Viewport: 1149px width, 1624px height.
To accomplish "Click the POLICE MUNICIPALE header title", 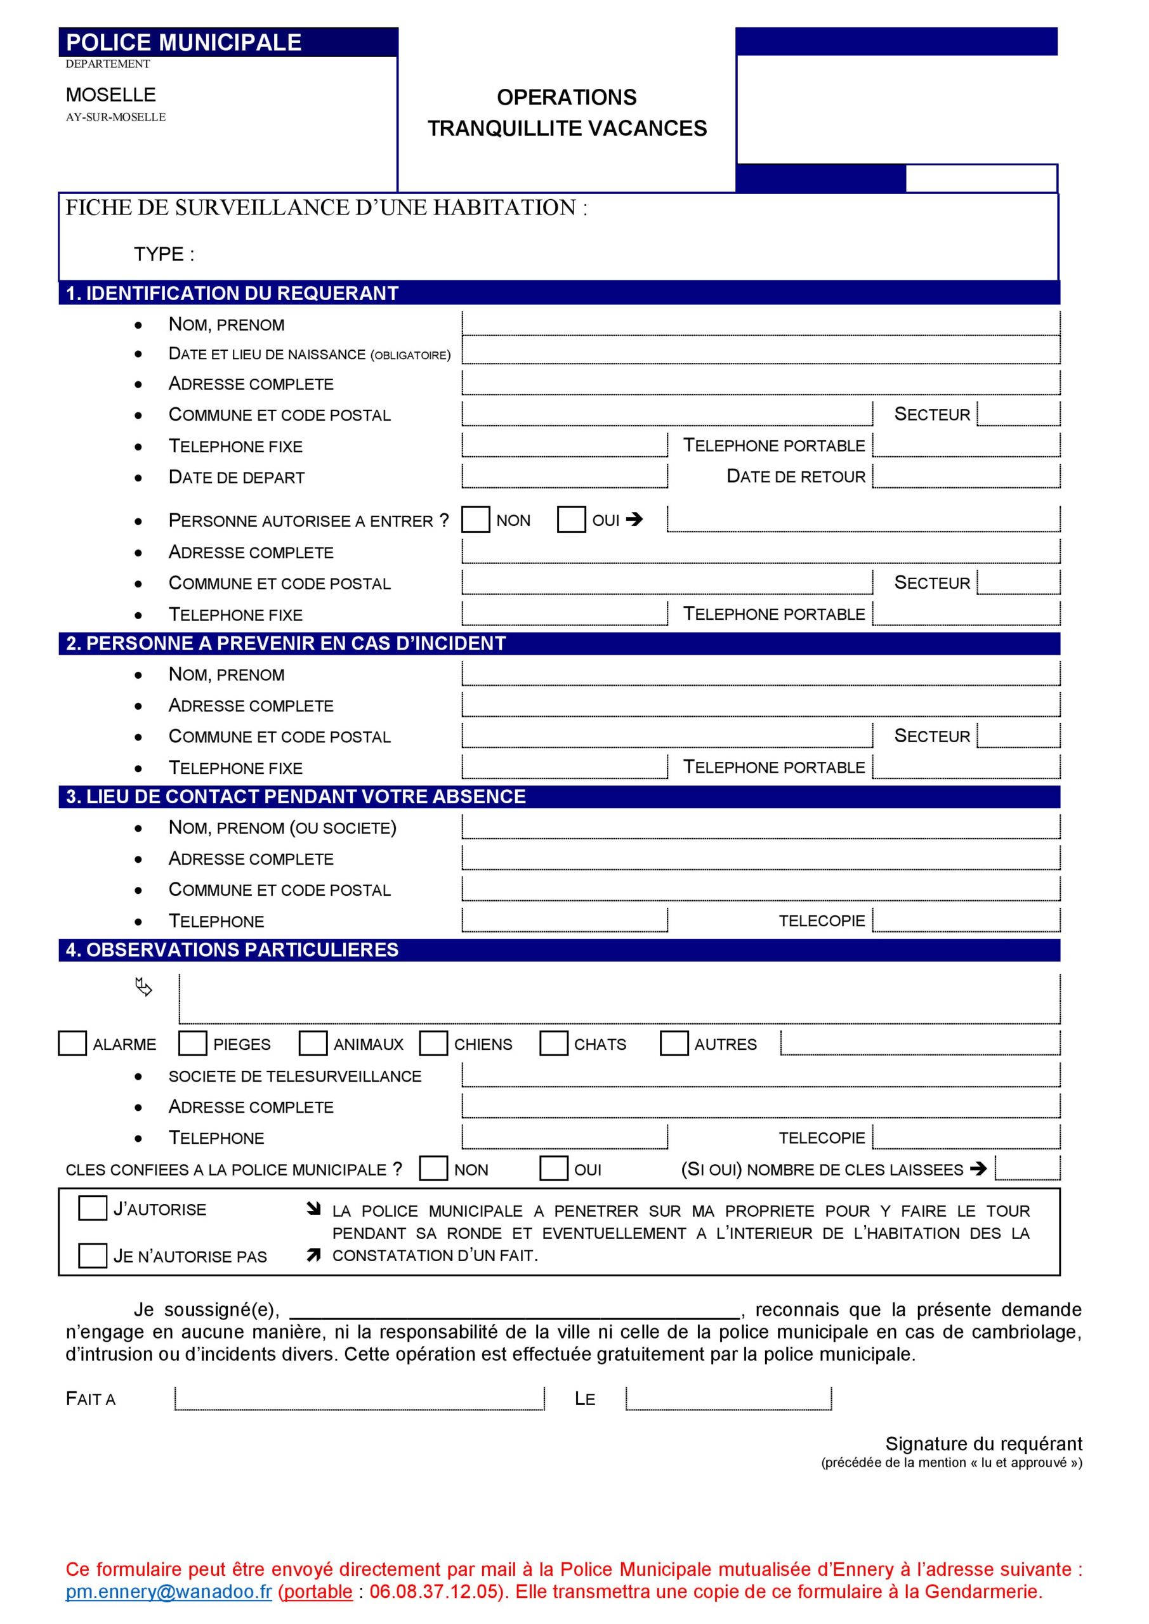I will click(x=183, y=43).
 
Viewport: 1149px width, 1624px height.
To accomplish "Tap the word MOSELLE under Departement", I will click(x=110, y=95).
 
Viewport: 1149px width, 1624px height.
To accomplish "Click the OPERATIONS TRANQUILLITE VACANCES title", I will click(x=567, y=112).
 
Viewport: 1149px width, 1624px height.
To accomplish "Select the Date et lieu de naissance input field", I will click(x=761, y=351).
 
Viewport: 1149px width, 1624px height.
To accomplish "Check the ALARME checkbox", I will click(x=72, y=1044).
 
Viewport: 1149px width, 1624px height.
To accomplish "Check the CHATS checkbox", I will click(x=553, y=1044).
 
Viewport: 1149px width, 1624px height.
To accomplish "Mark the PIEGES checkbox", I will click(x=192, y=1044).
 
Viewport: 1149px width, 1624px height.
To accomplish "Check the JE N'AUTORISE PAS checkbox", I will click(x=93, y=1255).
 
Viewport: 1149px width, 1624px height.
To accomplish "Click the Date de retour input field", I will click(x=966, y=476).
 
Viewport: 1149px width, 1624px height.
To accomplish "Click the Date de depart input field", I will click(x=564, y=476).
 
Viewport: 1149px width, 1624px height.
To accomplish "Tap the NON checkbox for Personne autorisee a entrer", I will click(x=475, y=520).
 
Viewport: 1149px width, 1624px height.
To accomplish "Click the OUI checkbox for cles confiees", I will click(x=553, y=1169).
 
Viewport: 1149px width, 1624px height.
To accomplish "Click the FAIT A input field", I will click(x=359, y=1398).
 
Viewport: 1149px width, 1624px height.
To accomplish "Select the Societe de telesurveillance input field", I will click(x=761, y=1075).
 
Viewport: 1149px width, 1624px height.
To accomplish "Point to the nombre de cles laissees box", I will click(x=1027, y=1169).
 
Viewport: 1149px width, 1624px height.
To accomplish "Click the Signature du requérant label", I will click(x=983, y=1444).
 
